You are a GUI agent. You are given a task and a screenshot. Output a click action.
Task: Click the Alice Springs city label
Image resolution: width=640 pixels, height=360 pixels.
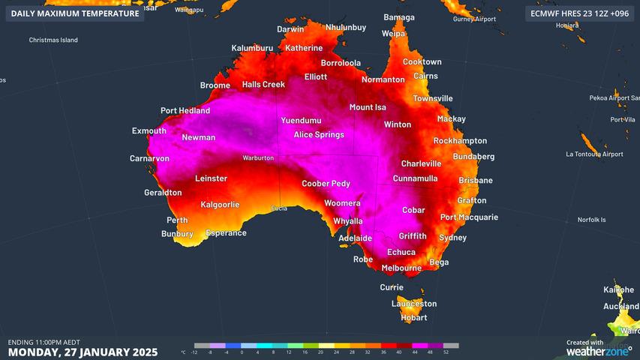[318, 135]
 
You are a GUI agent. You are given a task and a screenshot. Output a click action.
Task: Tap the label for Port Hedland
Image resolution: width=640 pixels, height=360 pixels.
[185, 111]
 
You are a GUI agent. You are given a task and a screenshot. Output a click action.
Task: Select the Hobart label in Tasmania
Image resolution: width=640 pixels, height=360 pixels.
[413, 318]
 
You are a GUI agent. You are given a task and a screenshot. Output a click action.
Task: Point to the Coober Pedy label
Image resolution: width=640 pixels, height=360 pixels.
[326, 184]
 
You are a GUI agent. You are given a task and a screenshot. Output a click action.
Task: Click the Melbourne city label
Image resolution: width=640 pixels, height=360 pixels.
[401, 268]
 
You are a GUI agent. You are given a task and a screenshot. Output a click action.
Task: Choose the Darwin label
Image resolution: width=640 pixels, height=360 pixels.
[290, 29]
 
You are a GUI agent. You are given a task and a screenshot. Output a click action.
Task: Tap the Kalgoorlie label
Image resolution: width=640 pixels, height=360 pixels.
[220, 205]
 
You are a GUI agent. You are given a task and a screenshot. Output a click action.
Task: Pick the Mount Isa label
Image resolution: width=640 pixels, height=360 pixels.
[367, 107]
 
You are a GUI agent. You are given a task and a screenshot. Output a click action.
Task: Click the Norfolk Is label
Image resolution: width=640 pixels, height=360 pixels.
[591, 220]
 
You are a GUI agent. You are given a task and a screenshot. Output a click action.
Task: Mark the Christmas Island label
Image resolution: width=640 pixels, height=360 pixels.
[53, 40]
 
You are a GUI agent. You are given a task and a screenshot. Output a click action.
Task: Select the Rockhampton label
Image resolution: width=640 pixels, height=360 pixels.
[460, 141]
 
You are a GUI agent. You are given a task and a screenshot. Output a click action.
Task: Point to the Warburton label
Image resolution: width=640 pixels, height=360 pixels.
[257, 158]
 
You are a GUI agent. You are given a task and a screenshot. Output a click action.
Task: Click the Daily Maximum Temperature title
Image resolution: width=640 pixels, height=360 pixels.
[74, 13]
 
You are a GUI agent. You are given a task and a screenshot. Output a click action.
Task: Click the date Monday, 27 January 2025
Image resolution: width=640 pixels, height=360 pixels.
[83, 352]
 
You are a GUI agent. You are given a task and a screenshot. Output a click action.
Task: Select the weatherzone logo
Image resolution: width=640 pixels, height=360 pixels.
[598, 350]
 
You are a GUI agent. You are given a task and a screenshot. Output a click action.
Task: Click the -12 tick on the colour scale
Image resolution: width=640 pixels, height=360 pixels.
[194, 352]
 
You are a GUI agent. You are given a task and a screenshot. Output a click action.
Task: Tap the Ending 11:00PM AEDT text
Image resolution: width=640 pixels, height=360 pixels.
[44, 342]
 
